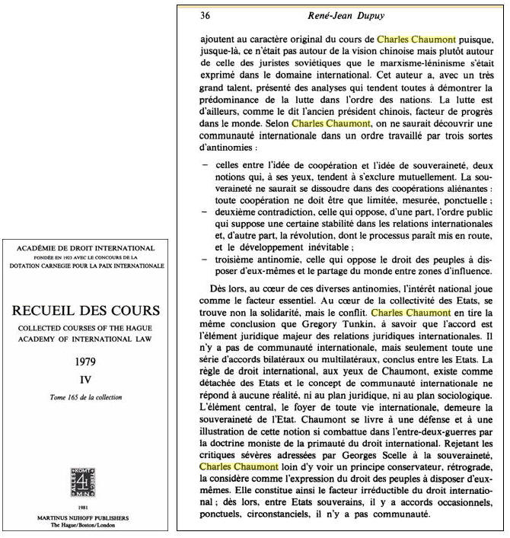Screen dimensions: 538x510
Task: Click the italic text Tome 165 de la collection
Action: pyautogui.click(x=90, y=397)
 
